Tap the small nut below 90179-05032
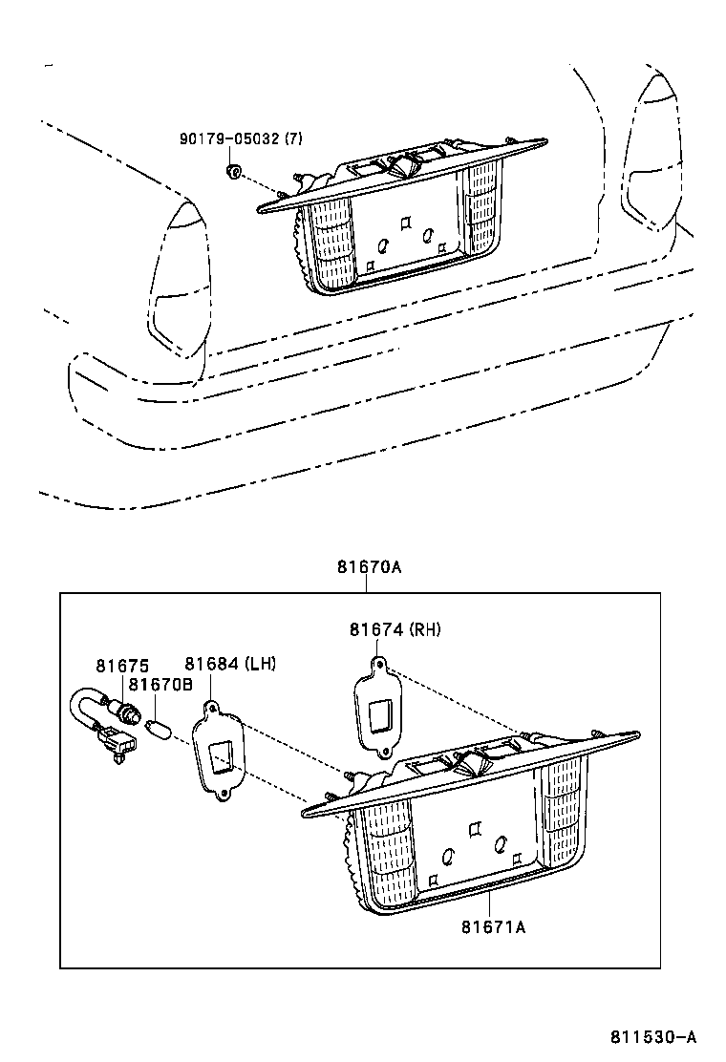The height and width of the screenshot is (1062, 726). point(232,171)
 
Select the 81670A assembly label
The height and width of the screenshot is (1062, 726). point(368,566)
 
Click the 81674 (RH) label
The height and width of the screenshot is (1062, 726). point(395,629)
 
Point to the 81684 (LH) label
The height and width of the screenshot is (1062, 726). point(230,664)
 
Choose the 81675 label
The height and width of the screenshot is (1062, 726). point(115,665)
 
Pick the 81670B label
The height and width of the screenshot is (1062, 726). point(160,684)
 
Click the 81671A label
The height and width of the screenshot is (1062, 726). point(493,926)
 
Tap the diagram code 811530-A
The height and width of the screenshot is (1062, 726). point(654,1036)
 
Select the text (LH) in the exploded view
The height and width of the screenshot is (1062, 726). point(260,664)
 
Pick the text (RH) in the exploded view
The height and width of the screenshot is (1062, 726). point(425,629)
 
